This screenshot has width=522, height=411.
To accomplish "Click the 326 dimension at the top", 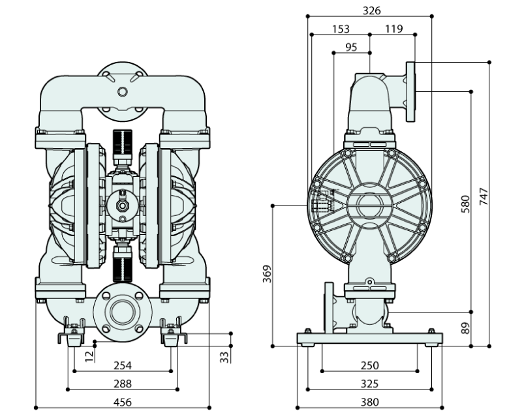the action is point(371,11).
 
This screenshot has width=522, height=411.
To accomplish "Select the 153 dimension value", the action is point(341,29).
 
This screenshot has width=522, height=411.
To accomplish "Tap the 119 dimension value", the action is point(394,29).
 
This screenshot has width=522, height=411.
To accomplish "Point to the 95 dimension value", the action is point(351,48).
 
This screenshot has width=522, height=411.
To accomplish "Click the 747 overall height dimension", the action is point(484,196).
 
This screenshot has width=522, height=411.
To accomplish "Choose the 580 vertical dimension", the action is point(465,204).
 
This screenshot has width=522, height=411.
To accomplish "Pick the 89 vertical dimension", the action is point(465,328).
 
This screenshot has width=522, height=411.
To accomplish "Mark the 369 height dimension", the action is point(267,274).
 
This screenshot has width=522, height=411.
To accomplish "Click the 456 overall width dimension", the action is point(123,403).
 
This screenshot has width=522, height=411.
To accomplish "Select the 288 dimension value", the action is point(123,384).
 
